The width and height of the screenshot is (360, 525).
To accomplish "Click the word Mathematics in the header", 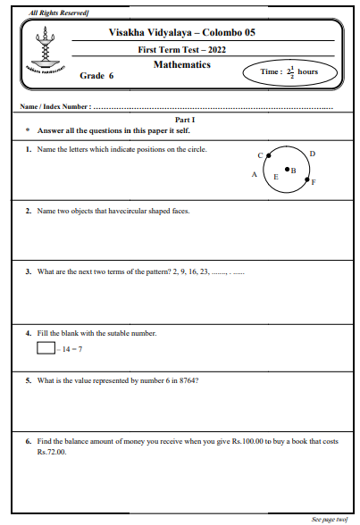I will (x=181, y=65).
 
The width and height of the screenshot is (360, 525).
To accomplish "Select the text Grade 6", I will (x=97, y=77).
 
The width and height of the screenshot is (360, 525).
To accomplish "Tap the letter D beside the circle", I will (x=312, y=154).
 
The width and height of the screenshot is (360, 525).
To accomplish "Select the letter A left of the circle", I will (x=255, y=175).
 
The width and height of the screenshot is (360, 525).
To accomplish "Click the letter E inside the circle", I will (x=275, y=178).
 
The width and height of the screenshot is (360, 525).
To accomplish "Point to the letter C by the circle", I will (x=259, y=155).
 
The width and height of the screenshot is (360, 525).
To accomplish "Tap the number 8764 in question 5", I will (x=186, y=380).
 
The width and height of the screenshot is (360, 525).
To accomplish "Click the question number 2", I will (x=29, y=212).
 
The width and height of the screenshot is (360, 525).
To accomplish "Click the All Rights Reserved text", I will (x=53, y=12).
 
